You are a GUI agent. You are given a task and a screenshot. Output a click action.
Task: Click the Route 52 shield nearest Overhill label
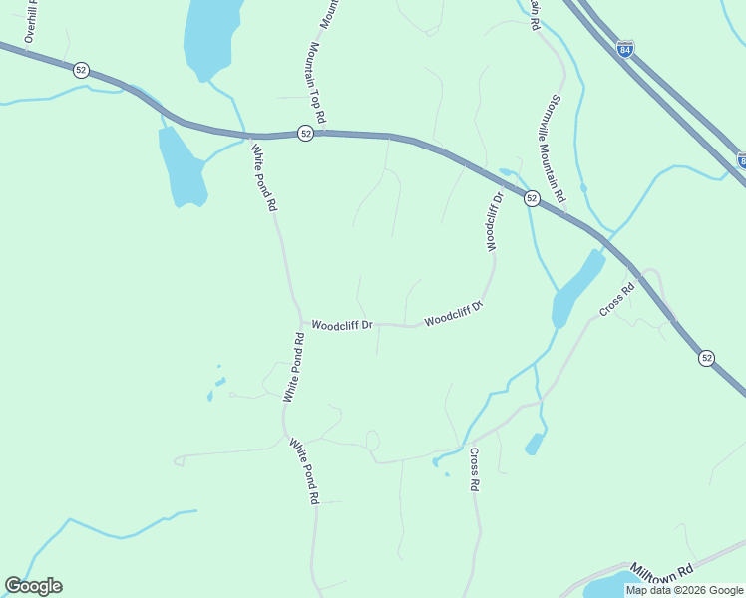pyautogui.click(x=81, y=70)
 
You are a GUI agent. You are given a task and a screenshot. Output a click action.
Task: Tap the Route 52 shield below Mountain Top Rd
pyautogui.click(x=306, y=133)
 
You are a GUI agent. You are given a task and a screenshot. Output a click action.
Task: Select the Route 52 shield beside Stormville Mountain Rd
pyautogui.click(x=532, y=198)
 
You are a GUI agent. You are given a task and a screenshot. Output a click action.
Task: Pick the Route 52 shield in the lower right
pyautogui.click(x=706, y=358)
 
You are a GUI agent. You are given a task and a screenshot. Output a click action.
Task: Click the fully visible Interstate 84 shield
pyautogui.click(x=625, y=49)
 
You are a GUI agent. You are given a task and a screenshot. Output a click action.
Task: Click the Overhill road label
pyautogui.click(x=31, y=21)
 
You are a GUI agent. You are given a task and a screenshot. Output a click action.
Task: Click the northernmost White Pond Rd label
pyautogui.click(x=263, y=178)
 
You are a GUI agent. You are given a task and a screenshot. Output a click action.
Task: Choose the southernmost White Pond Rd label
pyautogui.click(x=304, y=470)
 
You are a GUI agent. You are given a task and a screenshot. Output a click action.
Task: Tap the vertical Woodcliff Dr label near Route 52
pyautogui.click(x=493, y=221)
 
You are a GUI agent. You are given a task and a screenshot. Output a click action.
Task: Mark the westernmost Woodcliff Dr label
pyautogui.click(x=341, y=325)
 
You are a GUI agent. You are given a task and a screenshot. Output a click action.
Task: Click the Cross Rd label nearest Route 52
pyautogui.click(x=617, y=302)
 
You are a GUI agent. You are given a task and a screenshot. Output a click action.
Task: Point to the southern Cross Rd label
pyautogui.click(x=474, y=469)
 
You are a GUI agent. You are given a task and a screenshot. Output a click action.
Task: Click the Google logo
pyautogui.click(x=33, y=586)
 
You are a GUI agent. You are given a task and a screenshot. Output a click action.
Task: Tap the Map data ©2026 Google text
pyautogui.click(x=684, y=590)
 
